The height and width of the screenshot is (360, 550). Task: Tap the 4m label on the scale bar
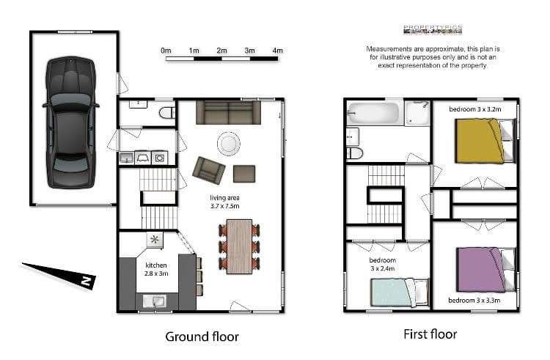pyautogui.click(x=277, y=51)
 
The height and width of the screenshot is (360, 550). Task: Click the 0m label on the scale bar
pyautogui.click(x=166, y=51)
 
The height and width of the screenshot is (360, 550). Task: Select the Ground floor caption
pyautogui.click(x=202, y=337)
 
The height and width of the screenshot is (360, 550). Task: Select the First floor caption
pyautogui.click(x=430, y=334)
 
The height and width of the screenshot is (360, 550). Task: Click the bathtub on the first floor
pyautogui.click(x=373, y=114)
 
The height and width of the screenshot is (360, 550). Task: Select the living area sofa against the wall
pyautogui.click(x=228, y=112)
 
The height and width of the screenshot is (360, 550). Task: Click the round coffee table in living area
pyautogui.click(x=228, y=143)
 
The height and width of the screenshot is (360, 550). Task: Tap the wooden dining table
pyautogui.click(x=239, y=246)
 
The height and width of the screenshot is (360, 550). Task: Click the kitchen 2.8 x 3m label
pyautogui.click(x=156, y=269)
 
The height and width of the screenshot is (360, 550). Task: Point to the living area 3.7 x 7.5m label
pyautogui.click(x=224, y=202)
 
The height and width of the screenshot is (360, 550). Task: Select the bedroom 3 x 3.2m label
pyautogui.click(x=475, y=109)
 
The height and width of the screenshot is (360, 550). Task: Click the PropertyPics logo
pyautogui.click(x=433, y=31)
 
